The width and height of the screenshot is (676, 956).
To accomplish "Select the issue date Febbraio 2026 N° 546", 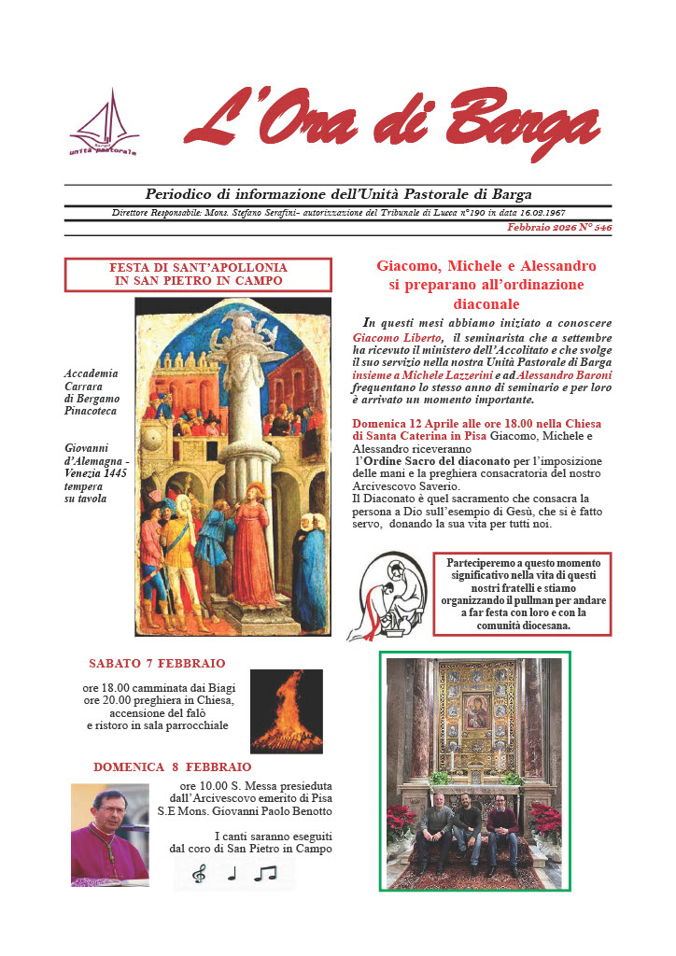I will (x=559, y=227).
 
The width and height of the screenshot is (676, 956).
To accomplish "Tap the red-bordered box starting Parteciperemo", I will (x=523, y=595).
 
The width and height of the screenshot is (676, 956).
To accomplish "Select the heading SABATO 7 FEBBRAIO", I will (x=157, y=664).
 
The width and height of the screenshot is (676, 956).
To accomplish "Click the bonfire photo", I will (x=286, y=710).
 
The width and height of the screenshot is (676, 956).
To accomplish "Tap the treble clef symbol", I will (x=199, y=875).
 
